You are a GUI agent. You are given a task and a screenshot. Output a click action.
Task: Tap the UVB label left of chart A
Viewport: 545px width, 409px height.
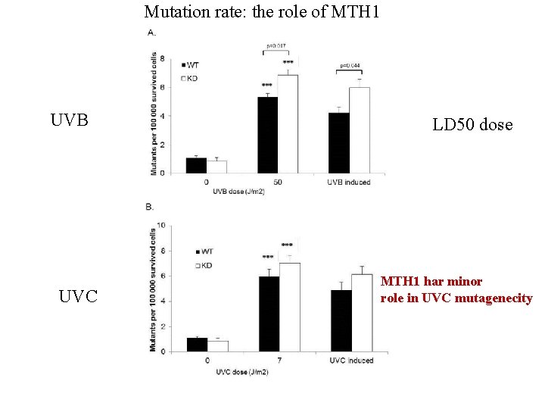click(70, 121)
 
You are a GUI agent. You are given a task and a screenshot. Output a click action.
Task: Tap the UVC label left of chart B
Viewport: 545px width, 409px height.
click(79, 296)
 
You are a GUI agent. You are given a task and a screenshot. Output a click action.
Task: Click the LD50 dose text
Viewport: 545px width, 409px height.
click(472, 125)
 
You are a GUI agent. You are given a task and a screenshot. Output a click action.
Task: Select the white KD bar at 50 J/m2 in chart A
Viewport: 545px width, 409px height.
click(288, 124)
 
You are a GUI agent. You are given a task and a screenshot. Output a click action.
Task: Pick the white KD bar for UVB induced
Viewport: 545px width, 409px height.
click(360, 130)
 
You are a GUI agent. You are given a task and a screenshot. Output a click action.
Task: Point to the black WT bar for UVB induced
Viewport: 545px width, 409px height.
click(339, 143)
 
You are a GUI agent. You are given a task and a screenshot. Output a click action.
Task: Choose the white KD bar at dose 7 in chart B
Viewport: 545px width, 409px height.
click(290, 306)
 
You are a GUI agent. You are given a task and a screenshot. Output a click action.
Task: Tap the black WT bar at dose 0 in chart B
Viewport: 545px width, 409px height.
click(197, 344)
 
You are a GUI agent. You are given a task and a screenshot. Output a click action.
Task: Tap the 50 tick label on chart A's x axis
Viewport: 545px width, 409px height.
click(278, 183)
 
